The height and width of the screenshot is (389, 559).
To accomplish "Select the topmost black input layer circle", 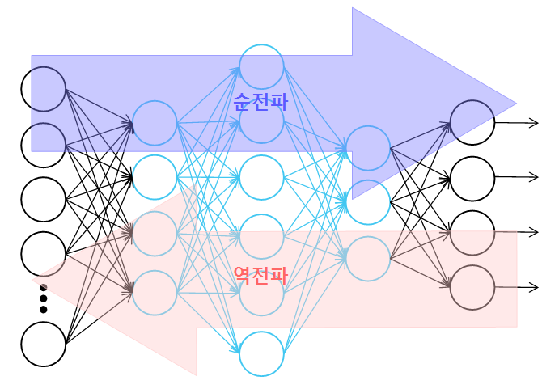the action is [x=44, y=89].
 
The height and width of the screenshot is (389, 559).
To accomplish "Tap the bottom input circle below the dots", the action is [x=44, y=344].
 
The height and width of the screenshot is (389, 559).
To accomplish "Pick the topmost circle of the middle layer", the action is [x=261, y=67].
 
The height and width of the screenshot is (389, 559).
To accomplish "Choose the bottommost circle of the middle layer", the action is [x=261, y=353].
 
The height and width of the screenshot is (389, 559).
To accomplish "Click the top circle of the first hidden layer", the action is [x=155, y=123].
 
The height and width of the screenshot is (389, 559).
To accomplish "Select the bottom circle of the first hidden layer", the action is [x=155, y=292].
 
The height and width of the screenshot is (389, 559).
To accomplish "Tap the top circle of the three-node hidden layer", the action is [x=368, y=148].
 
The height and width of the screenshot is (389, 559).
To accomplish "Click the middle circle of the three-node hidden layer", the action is [x=368, y=202].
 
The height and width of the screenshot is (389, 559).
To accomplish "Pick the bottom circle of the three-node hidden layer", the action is [x=368, y=258].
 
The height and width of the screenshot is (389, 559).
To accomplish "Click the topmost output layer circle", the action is [x=472, y=122].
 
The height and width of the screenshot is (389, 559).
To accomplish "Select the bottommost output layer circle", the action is [x=472, y=287].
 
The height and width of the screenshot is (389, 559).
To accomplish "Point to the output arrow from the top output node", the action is [x=518, y=123].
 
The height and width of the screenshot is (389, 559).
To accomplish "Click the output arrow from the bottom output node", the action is [x=518, y=287].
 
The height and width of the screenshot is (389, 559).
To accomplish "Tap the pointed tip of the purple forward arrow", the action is [x=515, y=104].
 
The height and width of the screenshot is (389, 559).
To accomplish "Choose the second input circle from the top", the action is [x=44, y=144].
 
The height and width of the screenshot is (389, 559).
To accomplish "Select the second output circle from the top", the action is [x=472, y=178].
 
